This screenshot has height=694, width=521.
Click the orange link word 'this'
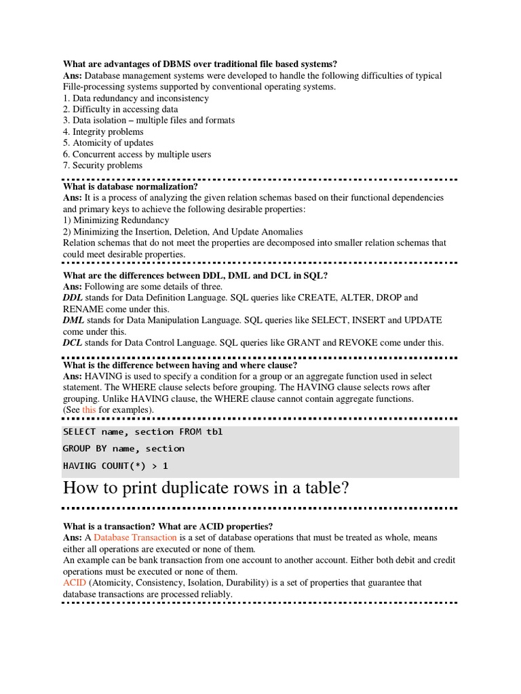click(x=89, y=410)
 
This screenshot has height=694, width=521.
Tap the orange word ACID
click(x=74, y=583)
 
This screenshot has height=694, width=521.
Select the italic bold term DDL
click(x=73, y=298)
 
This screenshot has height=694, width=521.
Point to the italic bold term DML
click(x=73, y=320)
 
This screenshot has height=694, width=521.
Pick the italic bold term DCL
click(x=73, y=343)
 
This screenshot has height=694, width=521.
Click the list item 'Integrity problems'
click(x=103, y=131)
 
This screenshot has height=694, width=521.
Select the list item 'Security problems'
click(x=102, y=165)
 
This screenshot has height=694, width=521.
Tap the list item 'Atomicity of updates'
click(x=108, y=143)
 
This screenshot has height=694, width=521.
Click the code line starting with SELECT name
click(x=142, y=432)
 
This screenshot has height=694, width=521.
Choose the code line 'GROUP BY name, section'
click(x=123, y=449)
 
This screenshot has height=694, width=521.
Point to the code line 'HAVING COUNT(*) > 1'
click(x=115, y=466)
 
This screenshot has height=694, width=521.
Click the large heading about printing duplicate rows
click(x=206, y=489)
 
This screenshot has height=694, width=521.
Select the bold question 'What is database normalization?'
click(x=130, y=186)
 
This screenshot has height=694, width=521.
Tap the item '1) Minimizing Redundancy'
click(x=116, y=220)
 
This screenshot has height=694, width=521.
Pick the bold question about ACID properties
click(x=168, y=526)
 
